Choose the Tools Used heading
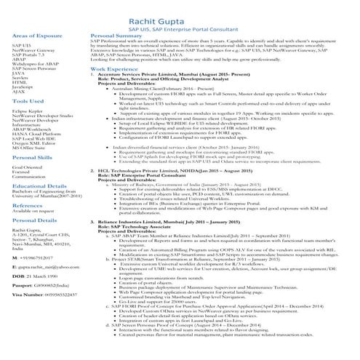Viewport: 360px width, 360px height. (28, 103)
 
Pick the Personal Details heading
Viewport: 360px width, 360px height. (35, 220)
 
